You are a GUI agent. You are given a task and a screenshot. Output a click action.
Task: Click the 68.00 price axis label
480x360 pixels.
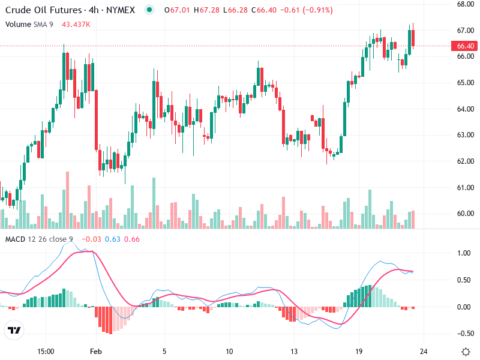466,4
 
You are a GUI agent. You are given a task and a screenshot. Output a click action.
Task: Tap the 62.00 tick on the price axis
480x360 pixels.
466,161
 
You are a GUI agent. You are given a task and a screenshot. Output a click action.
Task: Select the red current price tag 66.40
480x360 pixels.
466,46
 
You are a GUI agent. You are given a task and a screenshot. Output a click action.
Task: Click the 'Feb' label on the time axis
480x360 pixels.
96,351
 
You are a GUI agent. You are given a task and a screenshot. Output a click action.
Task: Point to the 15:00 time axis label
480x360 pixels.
46,351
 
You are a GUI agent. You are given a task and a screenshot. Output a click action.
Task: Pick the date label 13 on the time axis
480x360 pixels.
294,351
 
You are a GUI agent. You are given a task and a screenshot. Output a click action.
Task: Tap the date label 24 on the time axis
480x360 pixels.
424,351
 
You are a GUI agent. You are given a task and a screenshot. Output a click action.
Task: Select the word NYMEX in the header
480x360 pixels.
121,10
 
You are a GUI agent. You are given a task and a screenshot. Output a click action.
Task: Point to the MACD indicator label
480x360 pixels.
15,239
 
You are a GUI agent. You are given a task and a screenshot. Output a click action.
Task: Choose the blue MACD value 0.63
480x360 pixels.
113,239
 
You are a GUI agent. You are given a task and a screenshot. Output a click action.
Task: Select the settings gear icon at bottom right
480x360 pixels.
466,351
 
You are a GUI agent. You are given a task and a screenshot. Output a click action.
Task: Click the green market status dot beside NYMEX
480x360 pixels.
149,10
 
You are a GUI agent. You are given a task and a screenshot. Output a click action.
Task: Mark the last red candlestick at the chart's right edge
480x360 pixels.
413,37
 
